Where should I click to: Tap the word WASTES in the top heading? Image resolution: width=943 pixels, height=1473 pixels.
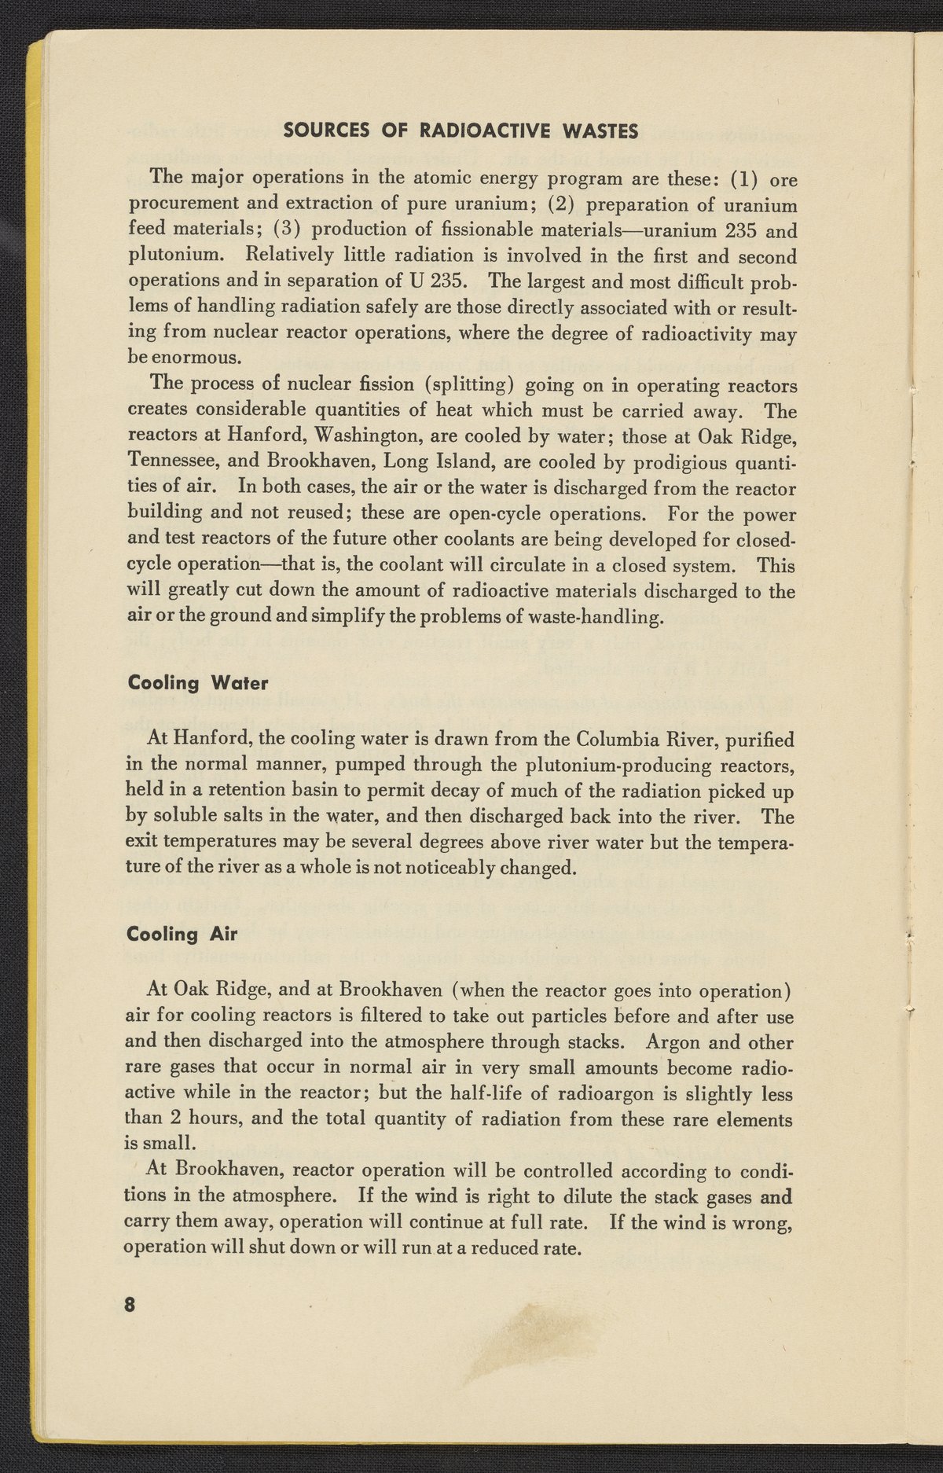pos(601,131)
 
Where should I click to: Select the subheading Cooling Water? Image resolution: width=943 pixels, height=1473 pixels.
pos(197,683)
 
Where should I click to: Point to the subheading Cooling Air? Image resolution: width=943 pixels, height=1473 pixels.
pos(182,934)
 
